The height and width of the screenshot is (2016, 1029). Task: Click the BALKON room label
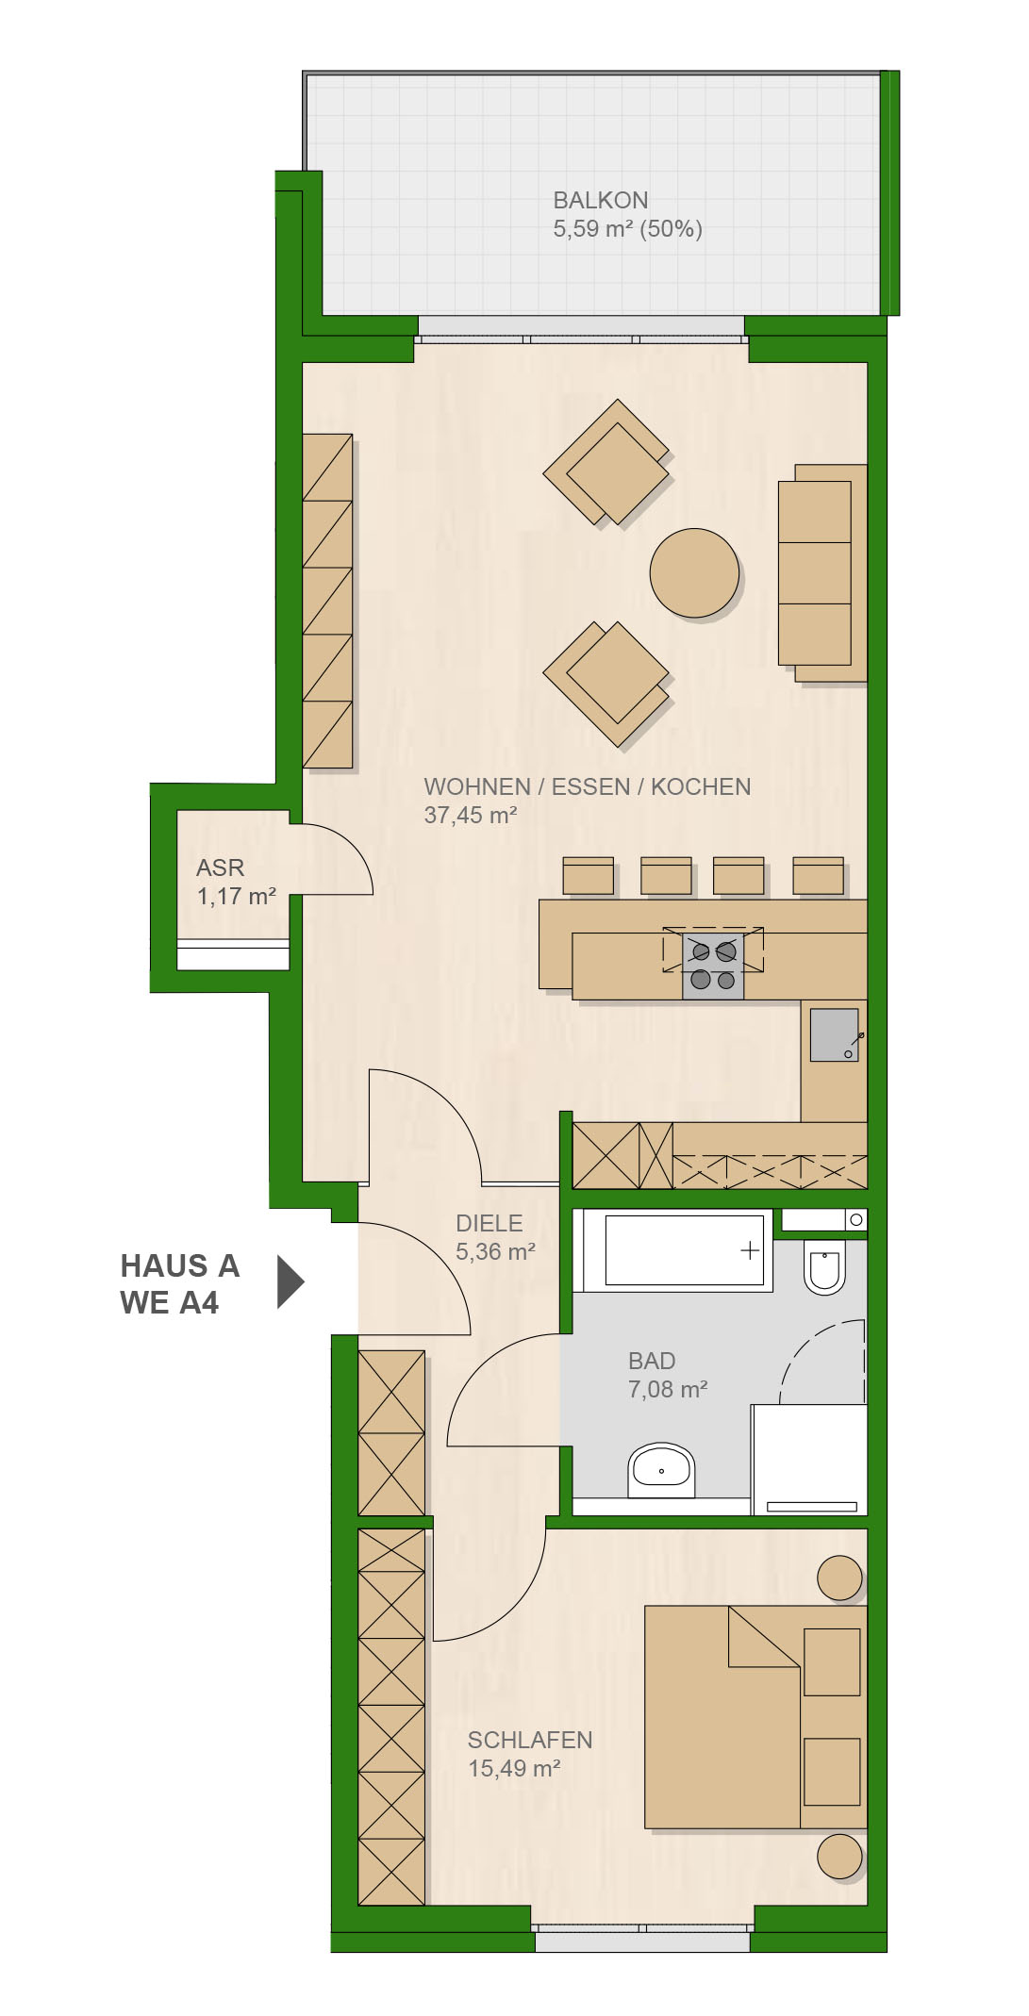click(600, 200)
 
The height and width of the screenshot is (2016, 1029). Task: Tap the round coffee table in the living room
click(694, 573)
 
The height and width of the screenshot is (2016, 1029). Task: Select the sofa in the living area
click(822, 573)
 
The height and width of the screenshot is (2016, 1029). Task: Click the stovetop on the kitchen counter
click(713, 966)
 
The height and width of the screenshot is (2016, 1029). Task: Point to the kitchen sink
click(835, 1034)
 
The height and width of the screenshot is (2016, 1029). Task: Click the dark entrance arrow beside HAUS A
click(290, 1281)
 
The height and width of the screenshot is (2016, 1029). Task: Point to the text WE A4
click(170, 1302)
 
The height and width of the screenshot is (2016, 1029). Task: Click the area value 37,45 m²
click(471, 815)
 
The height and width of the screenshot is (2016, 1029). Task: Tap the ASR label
click(221, 868)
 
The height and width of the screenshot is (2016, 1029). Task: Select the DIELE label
click(489, 1223)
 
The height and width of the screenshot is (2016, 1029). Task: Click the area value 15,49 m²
click(514, 1768)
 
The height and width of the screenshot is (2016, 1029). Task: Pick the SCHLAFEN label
click(530, 1740)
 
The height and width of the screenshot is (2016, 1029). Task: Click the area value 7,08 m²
click(668, 1389)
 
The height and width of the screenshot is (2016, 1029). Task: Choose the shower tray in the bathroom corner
click(809, 1460)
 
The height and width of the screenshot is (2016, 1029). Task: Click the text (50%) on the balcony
click(672, 228)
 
